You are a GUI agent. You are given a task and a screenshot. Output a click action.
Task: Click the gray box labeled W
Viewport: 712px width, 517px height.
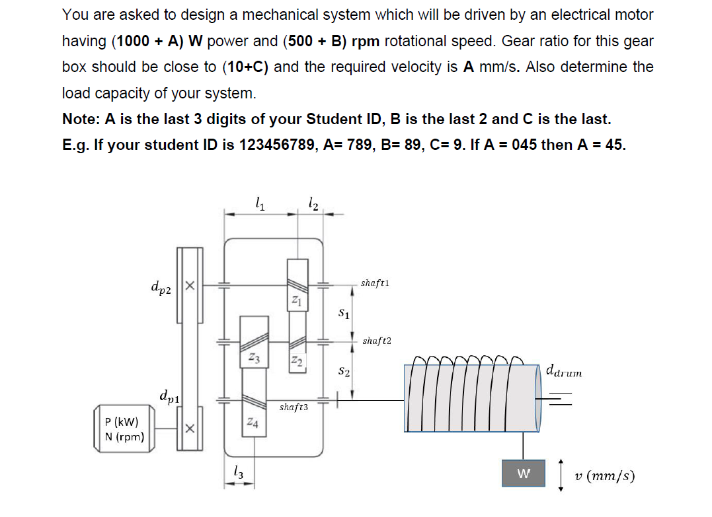pos(524,473)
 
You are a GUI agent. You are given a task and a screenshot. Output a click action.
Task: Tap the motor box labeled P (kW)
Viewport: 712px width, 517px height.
pos(126,429)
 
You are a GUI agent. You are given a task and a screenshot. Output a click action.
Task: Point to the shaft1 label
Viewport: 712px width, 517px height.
pos(375,283)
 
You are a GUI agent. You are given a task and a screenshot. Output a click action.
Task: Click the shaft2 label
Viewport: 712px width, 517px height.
pos(377,341)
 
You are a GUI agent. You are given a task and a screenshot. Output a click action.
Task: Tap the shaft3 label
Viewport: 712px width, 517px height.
pos(294,407)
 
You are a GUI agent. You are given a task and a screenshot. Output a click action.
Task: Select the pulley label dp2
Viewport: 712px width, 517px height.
pos(161,287)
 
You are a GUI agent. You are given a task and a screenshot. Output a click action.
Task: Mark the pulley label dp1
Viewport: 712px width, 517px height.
pos(169,396)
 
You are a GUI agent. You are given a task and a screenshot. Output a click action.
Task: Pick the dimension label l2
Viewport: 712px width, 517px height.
pos(313,204)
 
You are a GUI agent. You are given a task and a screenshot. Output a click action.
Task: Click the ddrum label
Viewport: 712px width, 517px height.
pos(564,372)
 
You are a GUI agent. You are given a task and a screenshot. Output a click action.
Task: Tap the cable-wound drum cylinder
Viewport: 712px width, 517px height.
pos(472,398)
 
